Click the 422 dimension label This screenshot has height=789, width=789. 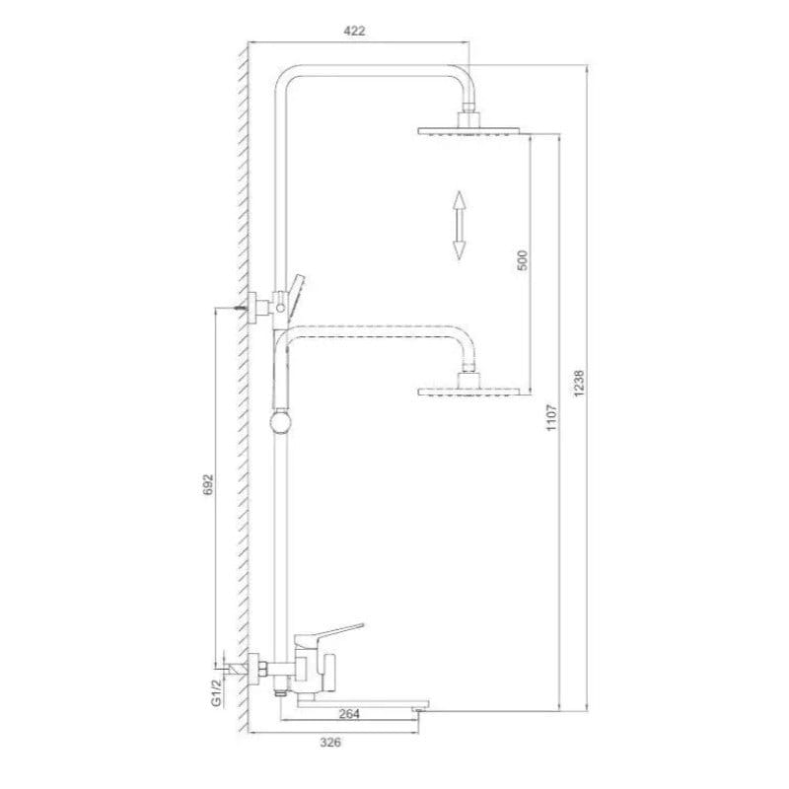(x=354, y=31)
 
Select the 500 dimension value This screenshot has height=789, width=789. (x=523, y=260)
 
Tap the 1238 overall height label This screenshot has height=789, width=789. (x=579, y=384)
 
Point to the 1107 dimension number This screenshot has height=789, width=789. (x=551, y=417)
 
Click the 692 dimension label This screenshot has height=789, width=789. (x=208, y=484)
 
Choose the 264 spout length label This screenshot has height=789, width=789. (x=349, y=713)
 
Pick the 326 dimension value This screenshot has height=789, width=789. (x=330, y=743)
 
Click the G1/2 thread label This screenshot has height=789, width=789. (x=216, y=692)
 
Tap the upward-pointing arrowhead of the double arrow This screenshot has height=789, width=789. (x=459, y=200)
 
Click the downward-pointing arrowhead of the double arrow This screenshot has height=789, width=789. (x=459, y=251)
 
